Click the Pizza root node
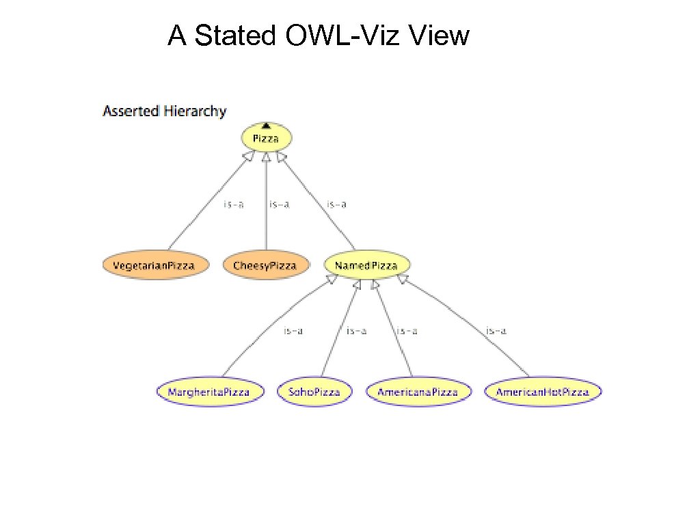[266, 139]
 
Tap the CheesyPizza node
[266, 265]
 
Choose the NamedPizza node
[366, 265]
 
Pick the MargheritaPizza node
[211, 392]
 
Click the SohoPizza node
[315, 392]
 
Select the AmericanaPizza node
[418, 392]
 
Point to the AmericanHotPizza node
[543, 392]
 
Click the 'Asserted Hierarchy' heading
[164, 111]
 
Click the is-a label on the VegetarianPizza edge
[234, 204]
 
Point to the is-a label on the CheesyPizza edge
[279, 204]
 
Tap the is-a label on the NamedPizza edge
[336, 204]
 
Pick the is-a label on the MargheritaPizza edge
[293, 332]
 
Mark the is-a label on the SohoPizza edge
[356, 332]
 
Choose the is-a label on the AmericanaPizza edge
[407, 332]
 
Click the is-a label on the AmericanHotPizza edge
[496, 332]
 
